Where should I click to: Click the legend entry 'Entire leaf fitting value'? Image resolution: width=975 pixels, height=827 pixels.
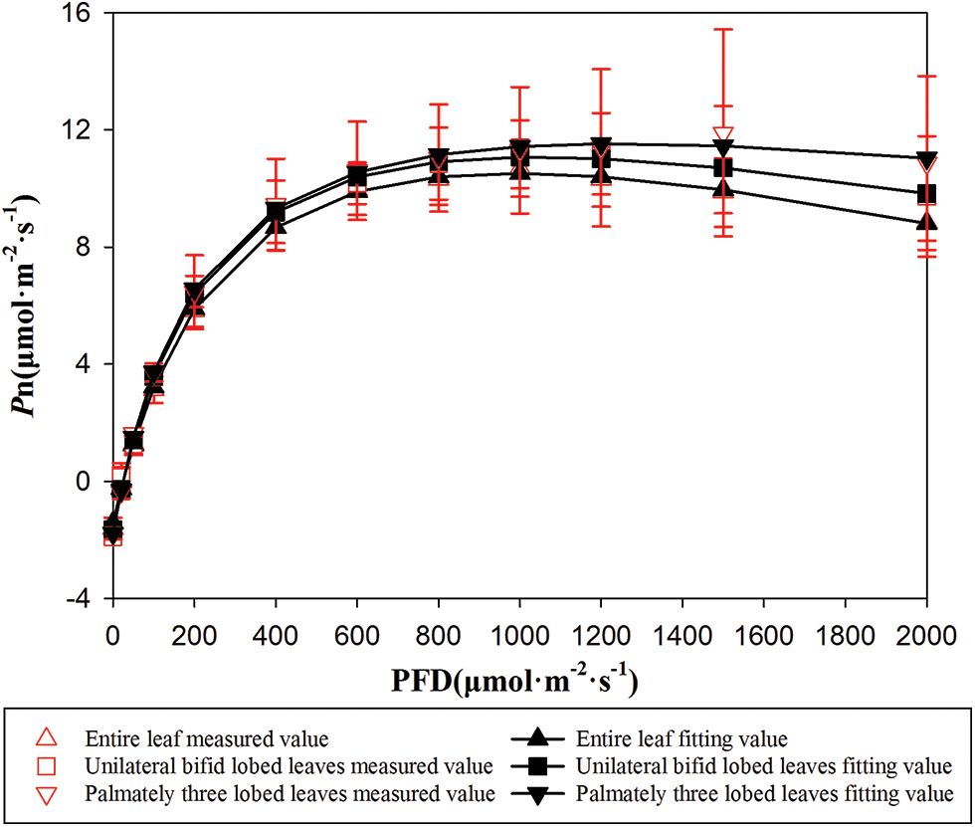click(x=682, y=739)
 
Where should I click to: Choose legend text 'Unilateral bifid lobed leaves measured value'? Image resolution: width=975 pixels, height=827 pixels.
click(x=290, y=766)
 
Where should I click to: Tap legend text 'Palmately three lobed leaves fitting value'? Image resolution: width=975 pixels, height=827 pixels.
click(x=763, y=793)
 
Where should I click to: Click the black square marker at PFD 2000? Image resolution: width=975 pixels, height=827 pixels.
click(x=926, y=194)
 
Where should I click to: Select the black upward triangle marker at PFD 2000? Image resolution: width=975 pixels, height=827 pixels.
click(x=926, y=222)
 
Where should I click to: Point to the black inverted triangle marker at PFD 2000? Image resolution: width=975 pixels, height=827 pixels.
click(x=926, y=160)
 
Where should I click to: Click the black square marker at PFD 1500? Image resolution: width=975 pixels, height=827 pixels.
click(x=723, y=167)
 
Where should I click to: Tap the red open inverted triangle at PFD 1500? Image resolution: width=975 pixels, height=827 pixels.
click(x=723, y=135)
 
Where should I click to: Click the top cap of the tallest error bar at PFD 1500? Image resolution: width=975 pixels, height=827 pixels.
click(x=723, y=30)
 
